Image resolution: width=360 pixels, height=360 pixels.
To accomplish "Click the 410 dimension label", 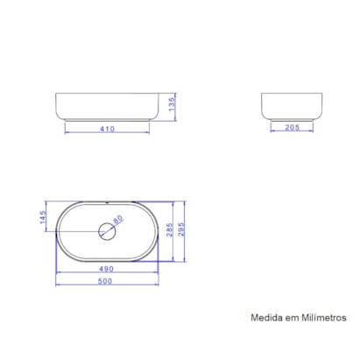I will click(x=108, y=128).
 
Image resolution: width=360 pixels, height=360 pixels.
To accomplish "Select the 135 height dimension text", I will click(x=173, y=105).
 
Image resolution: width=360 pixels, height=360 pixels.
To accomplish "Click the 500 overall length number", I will click(x=108, y=281).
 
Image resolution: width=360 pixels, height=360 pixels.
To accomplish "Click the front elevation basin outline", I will click(x=108, y=106).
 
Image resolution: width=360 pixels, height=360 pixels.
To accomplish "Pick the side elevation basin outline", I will click(x=290, y=106).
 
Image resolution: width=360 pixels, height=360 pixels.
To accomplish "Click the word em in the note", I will click(x=292, y=319).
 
